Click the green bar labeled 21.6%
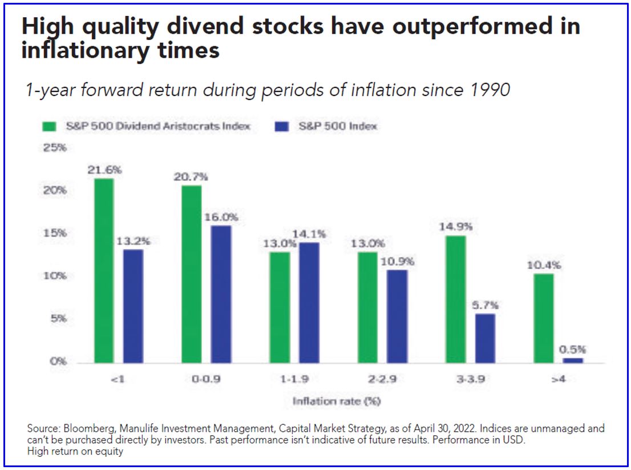tap(104, 271)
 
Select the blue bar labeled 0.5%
tap(573, 360)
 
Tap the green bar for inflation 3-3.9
tap(455, 299)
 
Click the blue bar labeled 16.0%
tap(221, 294)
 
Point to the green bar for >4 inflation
tap(543, 318)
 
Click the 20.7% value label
tap(191, 177)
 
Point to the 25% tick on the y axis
tap(55, 148)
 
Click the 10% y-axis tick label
tap(55, 276)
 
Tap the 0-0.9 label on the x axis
tap(207, 379)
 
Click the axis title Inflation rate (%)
tap(337, 401)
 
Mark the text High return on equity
tap(75, 452)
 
